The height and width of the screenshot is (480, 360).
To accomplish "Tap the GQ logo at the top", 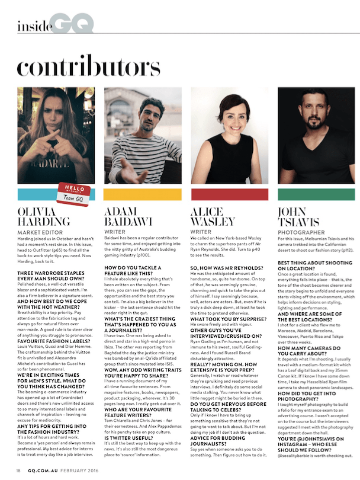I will (x=72, y=24).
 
